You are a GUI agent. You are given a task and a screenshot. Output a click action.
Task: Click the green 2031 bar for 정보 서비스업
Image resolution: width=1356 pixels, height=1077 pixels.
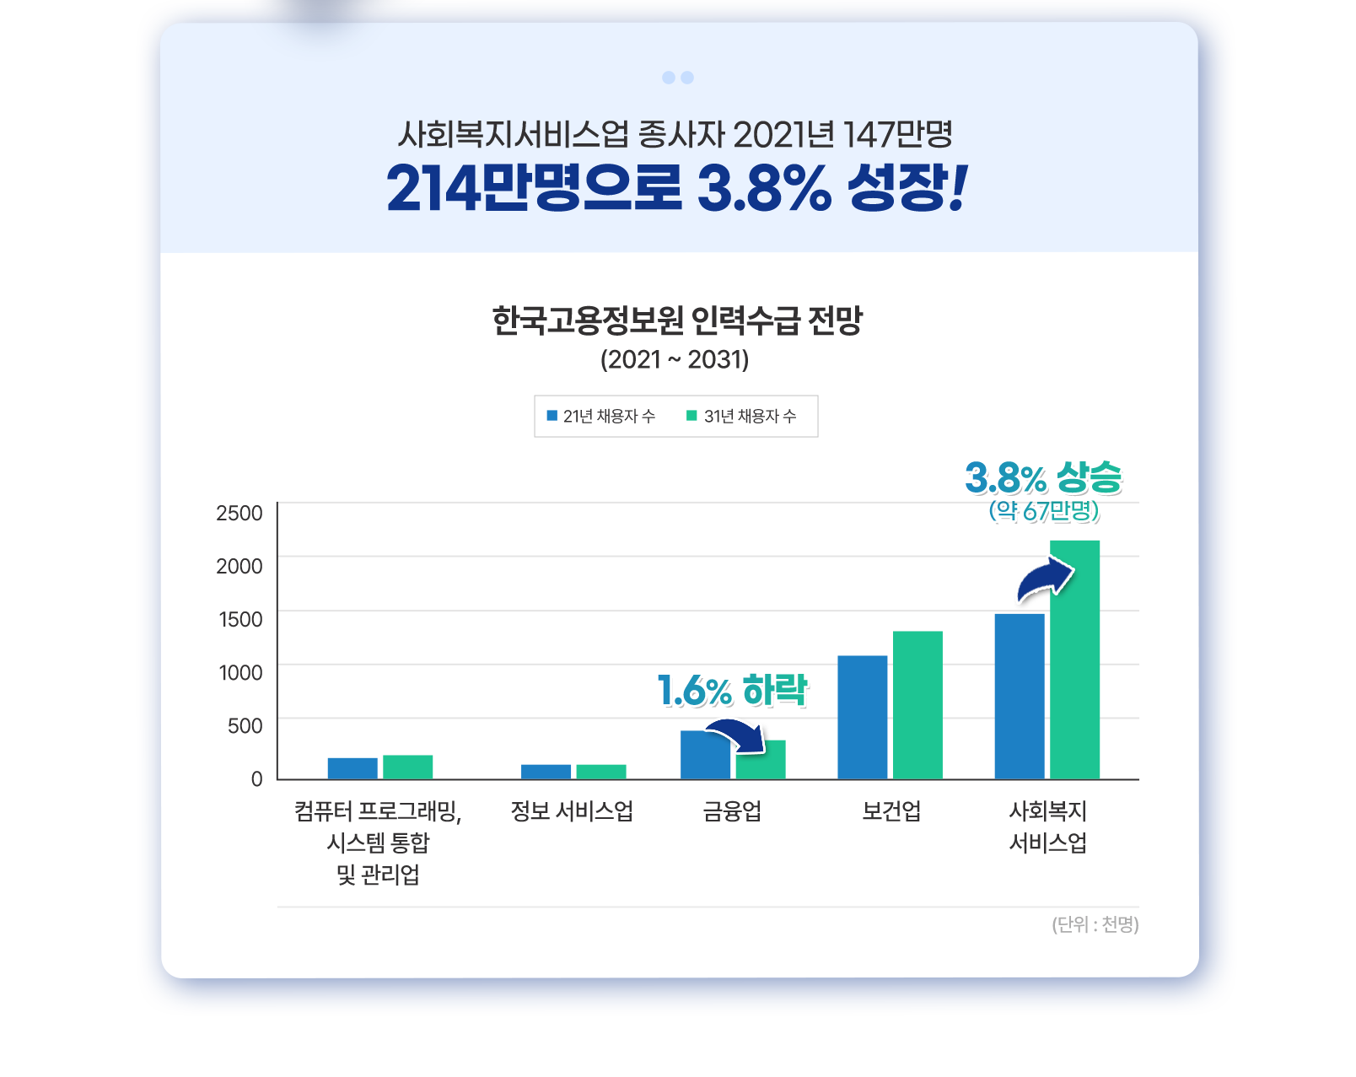coord(601,772)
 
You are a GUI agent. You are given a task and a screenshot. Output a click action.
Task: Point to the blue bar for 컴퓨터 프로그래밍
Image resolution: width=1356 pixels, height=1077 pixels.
coord(352,768)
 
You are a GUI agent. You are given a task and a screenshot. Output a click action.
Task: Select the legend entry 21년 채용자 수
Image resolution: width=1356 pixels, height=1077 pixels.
coord(600,416)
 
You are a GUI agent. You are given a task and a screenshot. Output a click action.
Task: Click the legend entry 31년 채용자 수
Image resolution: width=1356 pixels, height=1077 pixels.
coord(741,416)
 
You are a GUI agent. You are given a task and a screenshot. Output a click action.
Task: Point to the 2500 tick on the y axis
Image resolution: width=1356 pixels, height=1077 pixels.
coord(239,513)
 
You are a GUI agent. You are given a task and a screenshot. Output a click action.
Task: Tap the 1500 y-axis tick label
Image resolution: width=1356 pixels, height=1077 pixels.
coord(240,619)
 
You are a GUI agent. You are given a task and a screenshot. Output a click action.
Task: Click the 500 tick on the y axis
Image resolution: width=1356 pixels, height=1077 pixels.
coord(245,725)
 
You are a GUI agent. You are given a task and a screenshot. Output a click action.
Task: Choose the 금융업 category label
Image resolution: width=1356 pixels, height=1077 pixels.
coord(732,811)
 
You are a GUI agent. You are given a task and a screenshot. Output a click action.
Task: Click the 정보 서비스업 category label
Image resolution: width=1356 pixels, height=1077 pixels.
coord(572,811)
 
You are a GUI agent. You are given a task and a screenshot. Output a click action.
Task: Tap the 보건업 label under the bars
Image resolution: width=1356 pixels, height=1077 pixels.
coord(891,811)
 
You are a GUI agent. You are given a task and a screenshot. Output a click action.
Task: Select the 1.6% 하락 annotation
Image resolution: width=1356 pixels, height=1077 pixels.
coord(732,691)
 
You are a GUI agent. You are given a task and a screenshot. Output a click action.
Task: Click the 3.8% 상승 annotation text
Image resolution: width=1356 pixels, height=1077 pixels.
coord(1043,478)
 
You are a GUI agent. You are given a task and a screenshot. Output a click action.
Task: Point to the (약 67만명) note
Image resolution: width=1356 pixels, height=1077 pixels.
coord(1044,510)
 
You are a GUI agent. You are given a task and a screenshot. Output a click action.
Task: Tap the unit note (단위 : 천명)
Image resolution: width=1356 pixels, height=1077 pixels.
coord(1095,924)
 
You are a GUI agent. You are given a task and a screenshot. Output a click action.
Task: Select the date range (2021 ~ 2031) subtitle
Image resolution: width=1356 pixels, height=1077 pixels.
coord(675,360)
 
